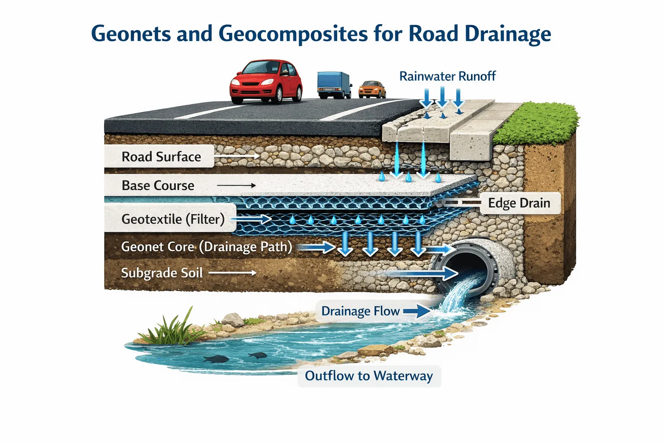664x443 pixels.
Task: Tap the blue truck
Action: pos(333,84)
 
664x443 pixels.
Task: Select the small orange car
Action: pos(372,89)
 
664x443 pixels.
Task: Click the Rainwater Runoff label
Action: pos(447,77)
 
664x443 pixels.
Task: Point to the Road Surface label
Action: pos(161,157)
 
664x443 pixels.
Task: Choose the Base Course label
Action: pos(158,186)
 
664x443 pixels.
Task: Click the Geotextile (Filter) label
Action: pos(172,219)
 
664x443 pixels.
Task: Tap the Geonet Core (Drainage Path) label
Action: pos(206,247)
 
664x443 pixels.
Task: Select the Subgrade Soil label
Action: pos(162,273)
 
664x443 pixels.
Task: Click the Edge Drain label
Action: pos(519,203)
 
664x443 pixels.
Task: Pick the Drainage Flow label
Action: pos(360,311)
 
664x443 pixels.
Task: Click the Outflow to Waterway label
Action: pos(369,376)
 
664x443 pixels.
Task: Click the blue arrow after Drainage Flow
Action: pos(417,311)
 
